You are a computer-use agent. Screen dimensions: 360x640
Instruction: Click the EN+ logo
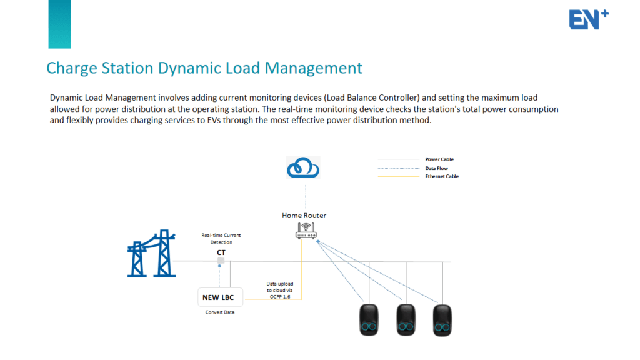[x=588, y=19]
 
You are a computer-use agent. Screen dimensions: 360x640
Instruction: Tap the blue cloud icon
[x=303, y=168]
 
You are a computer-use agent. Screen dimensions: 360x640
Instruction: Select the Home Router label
[x=304, y=216]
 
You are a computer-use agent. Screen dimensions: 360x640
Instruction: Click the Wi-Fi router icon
[x=306, y=231]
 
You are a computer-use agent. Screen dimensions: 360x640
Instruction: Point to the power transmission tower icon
[x=151, y=252]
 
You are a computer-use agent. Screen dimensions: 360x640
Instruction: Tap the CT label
[x=221, y=252]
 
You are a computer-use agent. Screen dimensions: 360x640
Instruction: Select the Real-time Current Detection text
[x=221, y=239]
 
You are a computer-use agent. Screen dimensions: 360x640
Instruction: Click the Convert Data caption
[x=220, y=312]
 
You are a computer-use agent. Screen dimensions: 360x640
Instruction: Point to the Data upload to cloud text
[x=279, y=290]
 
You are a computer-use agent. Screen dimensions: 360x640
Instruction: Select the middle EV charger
[x=406, y=319]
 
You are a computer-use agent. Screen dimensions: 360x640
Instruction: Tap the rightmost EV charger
[x=442, y=319]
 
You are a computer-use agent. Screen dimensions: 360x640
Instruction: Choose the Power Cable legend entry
[x=439, y=159]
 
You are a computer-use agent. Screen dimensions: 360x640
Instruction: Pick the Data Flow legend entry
[x=437, y=168]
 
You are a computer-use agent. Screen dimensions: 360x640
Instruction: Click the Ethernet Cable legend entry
[x=442, y=176]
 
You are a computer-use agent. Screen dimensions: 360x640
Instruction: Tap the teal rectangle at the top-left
[x=59, y=24]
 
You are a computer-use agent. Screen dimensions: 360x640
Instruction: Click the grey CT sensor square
[x=221, y=261]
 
